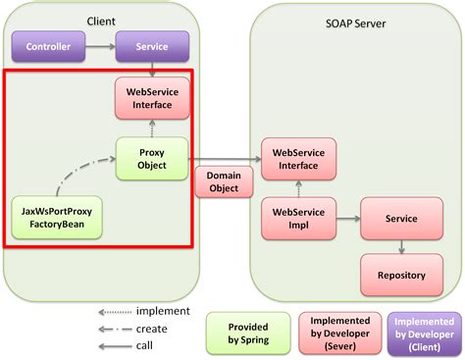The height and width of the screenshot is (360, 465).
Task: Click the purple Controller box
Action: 48,46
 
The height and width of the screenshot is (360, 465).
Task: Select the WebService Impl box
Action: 298,218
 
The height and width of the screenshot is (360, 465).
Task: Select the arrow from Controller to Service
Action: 98,46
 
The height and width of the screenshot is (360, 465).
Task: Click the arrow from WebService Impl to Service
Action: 347,218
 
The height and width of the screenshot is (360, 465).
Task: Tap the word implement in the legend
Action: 163,313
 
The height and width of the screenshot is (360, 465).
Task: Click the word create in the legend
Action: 152,329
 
